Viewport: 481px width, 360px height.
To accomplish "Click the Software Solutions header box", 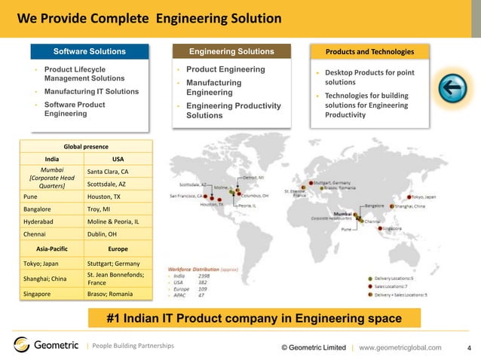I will [x=90, y=52].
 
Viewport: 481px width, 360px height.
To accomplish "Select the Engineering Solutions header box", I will [x=231, y=52].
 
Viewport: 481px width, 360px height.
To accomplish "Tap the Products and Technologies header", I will [x=369, y=52].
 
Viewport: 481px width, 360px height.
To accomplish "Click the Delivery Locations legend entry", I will [x=399, y=277].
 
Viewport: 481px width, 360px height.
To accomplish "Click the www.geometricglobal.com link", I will [x=400, y=346].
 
